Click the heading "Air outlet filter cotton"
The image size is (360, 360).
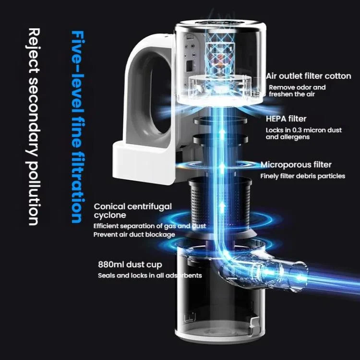click(309, 76)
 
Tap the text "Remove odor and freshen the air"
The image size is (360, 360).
click(297, 91)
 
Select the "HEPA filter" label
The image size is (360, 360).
click(286, 119)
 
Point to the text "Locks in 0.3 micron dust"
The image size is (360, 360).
click(304, 130)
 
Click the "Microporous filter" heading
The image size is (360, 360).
click(296, 165)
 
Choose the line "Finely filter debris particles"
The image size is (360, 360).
click(303, 176)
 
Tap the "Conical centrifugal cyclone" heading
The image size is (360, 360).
click(132, 211)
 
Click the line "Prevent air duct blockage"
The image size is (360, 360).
click(134, 234)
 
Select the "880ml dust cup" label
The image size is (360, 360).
click(130, 264)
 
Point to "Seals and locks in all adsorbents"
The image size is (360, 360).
click(150, 276)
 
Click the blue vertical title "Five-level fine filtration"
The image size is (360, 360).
click(78, 127)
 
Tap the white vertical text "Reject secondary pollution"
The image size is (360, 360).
click(33, 127)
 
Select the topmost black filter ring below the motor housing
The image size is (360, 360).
click(220, 120)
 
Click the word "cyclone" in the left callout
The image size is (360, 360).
click(110, 216)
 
